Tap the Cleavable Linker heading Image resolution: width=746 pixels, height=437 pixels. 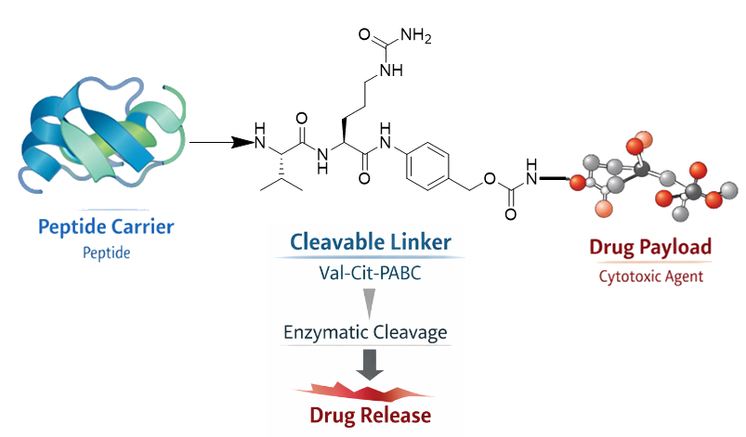pyautogui.click(x=371, y=243)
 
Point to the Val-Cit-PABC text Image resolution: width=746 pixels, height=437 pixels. pyautogui.click(x=371, y=274)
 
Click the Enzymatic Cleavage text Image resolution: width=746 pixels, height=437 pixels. pyautogui.click(x=371, y=332)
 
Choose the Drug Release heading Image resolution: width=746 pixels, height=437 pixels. pyautogui.click(x=371, y=414)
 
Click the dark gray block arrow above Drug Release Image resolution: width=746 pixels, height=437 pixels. pyautogui.click(x=371, y=366)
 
